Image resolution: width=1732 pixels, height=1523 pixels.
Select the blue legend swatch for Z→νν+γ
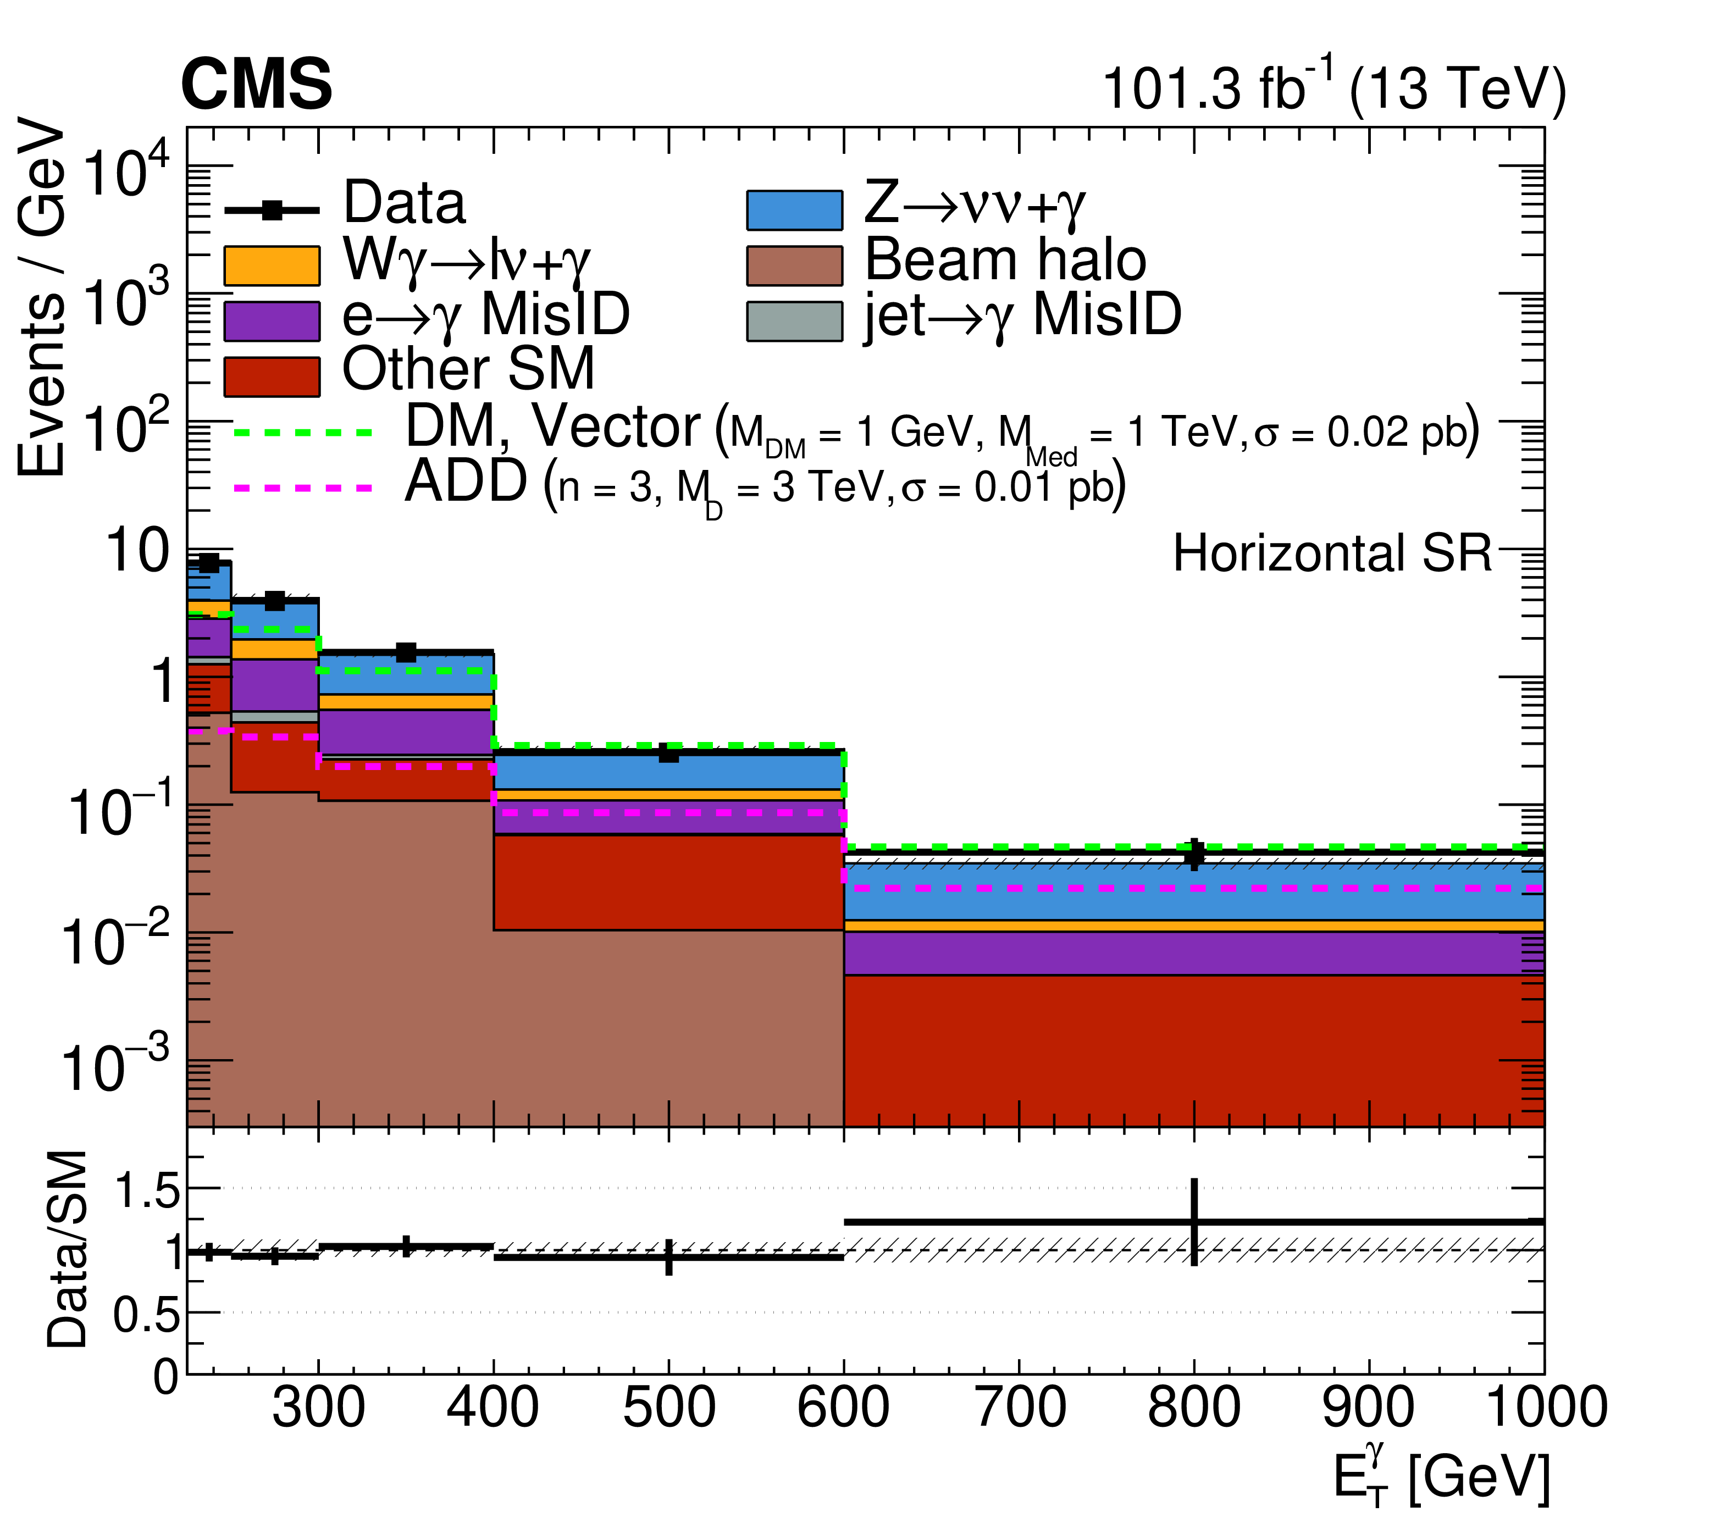coord(794,210)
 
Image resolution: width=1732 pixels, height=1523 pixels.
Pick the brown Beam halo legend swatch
coord(794,265)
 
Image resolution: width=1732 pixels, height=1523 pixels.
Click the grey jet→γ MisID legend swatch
coord(794,321)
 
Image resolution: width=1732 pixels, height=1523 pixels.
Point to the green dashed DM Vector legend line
coord(302,432)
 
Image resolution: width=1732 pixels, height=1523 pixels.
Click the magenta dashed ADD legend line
coord(302,488)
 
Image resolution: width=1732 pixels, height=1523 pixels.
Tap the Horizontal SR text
coord(1331,554)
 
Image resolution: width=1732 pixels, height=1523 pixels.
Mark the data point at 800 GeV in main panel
coord(1194,855)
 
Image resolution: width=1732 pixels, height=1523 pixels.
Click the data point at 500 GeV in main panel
coord(668,753)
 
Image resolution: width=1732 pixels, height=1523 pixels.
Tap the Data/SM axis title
coord(68,1249)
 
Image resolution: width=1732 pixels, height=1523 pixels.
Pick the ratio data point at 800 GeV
coord(1194,1222)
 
